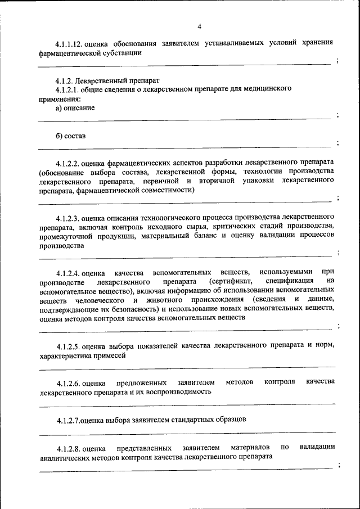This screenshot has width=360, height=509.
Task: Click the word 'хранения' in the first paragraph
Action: point(316,42)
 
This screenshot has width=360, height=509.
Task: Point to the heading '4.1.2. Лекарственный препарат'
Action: point(103,80)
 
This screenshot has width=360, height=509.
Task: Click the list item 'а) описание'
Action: point(75,107)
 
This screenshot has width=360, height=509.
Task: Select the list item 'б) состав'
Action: point(70,136)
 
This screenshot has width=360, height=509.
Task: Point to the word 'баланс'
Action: point(202,236)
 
